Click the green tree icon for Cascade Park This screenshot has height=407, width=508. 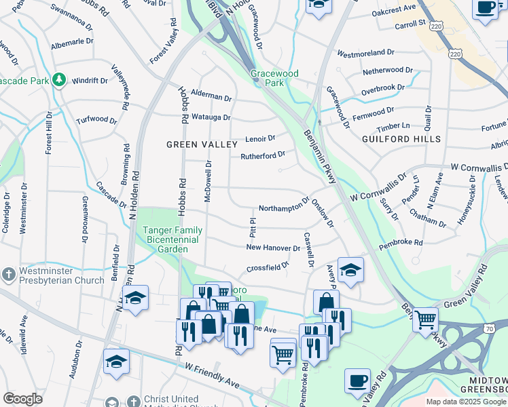pyautogui.click(x=59, y=80)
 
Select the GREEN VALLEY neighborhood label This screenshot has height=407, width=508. pyautogui.click(x=202, y=144)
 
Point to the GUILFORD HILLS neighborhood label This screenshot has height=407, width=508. pyautogui.click(x=401, y=139)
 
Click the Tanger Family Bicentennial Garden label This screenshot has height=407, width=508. pyautogui.click(x=172, y=239)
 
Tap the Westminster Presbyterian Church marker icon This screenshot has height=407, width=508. pyautogui.click(x=8, y=275)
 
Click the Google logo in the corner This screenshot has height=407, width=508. pyautogui.click(x=22, y=398)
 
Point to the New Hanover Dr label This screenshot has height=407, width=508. pyautogui.click(x=273, y=248)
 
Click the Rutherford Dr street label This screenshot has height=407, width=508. pyautogui.click(x=262, y=155)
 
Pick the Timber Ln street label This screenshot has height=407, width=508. pyautogui.click(x=393, y=126)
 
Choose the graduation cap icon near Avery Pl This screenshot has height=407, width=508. pyautogui.click(x=350, y=269)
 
